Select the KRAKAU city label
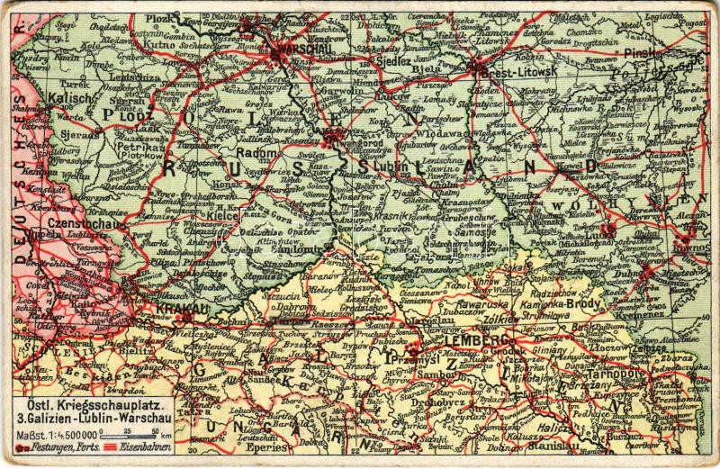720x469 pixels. [x=182, y=308]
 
